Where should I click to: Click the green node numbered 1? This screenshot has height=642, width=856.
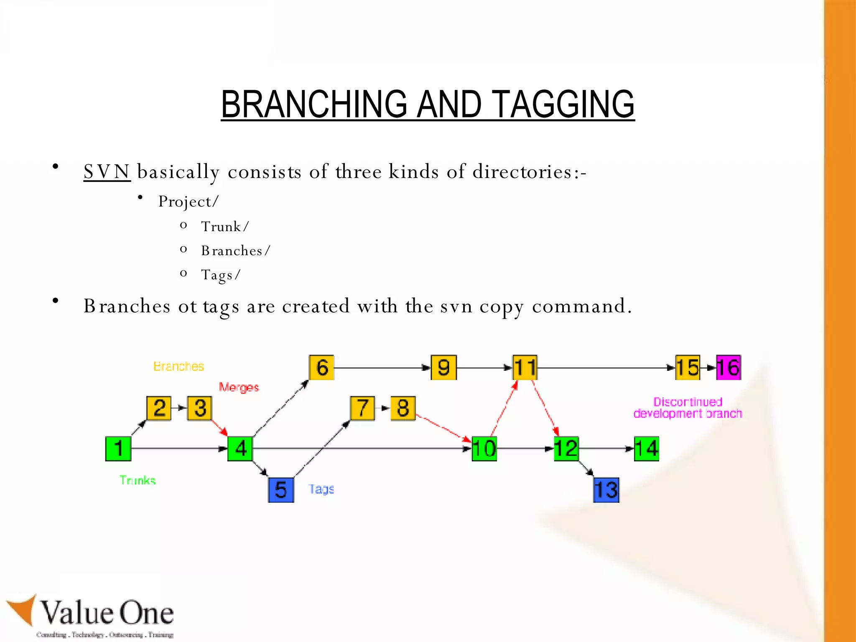click(x=118, y=448)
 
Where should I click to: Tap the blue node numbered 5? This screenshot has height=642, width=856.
click(x=281, y=489)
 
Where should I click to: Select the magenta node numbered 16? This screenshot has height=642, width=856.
click(x=728, y=367)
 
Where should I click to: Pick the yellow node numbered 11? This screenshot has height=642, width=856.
click(x=525, y=367)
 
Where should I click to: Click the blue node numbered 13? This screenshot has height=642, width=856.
click(x=606, y=489)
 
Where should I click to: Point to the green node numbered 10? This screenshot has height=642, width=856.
click(x=484, y=448)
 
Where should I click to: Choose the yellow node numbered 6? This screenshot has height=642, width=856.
click(x=321, y=367)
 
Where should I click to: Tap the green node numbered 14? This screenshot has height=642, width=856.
click(x=646, y=448)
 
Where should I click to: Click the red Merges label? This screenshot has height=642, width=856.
click(x=239, y=387)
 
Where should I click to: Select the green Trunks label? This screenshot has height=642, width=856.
click(x=138, y=480)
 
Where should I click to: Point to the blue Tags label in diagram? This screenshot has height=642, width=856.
click(x=321, y=489)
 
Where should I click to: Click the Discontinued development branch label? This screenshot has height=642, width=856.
click(x=688, y=408)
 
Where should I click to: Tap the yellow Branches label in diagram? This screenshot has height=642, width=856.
click(x=178, y=366)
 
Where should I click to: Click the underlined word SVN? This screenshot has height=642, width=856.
click(x=107, y=172)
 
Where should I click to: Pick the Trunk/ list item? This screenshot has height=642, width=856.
click(x=225, y=227)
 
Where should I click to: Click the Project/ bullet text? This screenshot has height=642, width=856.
click(x=188, y=201)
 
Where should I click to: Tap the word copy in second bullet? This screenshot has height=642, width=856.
click(x=501, y=306)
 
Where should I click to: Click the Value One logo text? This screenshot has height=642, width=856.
click(x=107, y=613)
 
